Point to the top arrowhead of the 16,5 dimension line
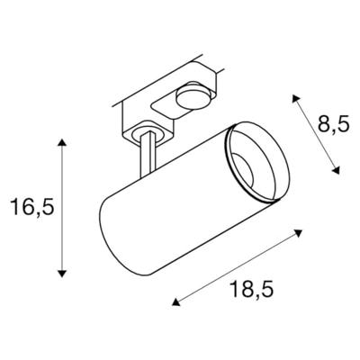61,145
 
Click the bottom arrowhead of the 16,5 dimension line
61,272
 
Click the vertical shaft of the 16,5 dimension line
61,207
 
